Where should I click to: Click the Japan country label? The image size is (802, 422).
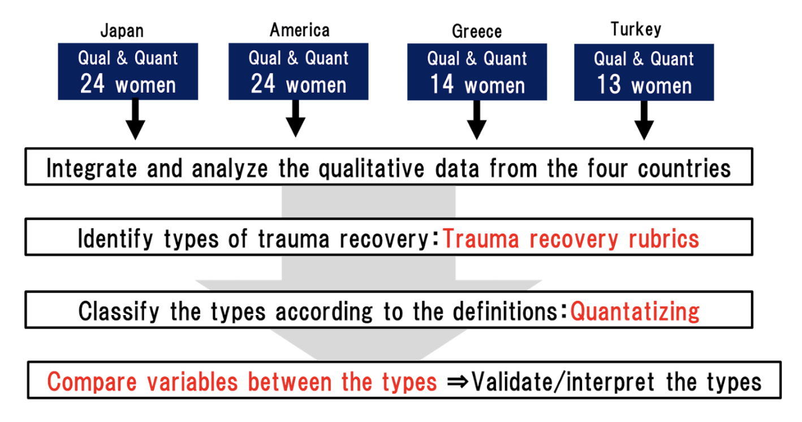pyautogui.click(x=122, y=31)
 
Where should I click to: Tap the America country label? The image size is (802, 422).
pyautogui.click(x=300, y=30)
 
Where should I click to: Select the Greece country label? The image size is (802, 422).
pyautogui.click(x=477, y=32)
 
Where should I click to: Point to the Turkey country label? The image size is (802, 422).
pyautogui.click(x=636, y=29)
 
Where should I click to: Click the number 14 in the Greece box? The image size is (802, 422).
pyautogui.click(x=442, y=84)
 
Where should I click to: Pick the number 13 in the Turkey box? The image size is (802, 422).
pyautogui.click(x=609, y=84)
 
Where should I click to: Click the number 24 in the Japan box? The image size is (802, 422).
pyautogui.click(x=92, y=84)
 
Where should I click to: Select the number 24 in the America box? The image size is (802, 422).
pyautogui.click(x=263, y=84)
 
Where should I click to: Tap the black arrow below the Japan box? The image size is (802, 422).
pyautogui.click(x=135, y=119)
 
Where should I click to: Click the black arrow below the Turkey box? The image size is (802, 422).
pyautogui.click(x=644, y=120)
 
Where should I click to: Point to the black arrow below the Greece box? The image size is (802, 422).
pyautogui.click(x=477, y=120)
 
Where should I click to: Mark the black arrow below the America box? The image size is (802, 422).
pyautogui.click(x=295, y=118)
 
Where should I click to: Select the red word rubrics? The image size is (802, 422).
pyautogui.click(x=664, y=239)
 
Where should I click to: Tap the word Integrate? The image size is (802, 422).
pyautogui.click(x=92, y=169)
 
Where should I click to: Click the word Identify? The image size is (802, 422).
pyautogui.click(x=115, y=239)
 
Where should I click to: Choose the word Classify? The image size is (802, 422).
pyautogui.click(x=119, y=312)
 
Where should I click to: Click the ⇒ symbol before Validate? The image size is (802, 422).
pyautogui.click(x=458, y=381)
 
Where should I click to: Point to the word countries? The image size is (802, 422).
pyautogui.click(x=684, y=169)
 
